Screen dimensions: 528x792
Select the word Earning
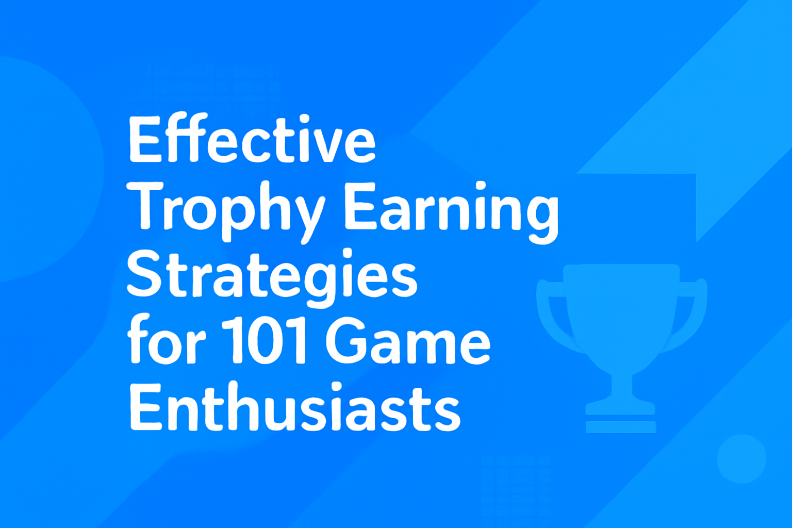[x=451, y=209]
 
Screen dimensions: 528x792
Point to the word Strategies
[x=271, y=276]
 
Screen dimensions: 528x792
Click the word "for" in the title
[x=166, y=340]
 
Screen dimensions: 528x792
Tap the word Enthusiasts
[x=294, y=407]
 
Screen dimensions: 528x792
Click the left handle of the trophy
[x=554, y=315]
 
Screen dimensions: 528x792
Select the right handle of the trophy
[x=691, y=315]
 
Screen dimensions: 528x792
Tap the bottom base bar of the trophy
[x=621, y=426]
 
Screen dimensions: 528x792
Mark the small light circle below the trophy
[x=741, y=458]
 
